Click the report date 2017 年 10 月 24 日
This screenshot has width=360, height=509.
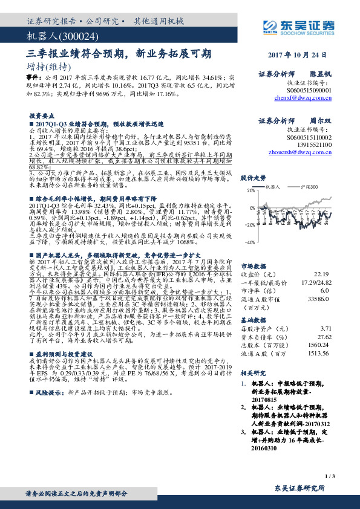tap(301, 54)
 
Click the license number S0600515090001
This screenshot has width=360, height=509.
tap(307, 89)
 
